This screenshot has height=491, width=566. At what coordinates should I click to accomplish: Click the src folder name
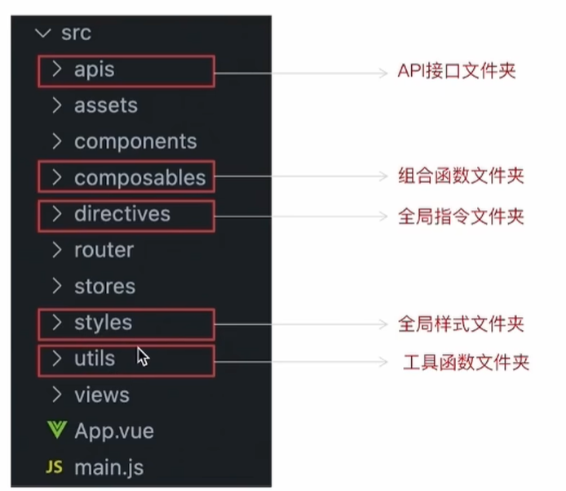tap(76, 33)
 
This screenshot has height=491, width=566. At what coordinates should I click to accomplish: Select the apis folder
tap(95, 69)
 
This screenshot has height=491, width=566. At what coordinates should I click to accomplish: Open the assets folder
tap(106, 105)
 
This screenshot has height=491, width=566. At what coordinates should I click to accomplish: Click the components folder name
tap(135, 141)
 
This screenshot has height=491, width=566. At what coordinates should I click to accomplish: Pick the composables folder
tap(139, 178)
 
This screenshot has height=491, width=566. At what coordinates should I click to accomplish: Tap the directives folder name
tap(122, 214)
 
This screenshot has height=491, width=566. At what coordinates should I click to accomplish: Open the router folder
tap(104, 250)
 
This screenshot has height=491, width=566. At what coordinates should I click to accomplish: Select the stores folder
tap(104, 287)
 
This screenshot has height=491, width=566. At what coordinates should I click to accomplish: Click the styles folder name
tap(103, 323)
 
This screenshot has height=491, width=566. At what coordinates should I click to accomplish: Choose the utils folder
tap(95, 359)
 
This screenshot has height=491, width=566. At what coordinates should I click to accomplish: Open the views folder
tap(102, 395)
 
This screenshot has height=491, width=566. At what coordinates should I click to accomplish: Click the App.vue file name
tap(114, 431)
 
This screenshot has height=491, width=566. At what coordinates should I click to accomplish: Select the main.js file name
tap(108, 467)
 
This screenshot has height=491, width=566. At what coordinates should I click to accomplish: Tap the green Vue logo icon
tap(56, 430)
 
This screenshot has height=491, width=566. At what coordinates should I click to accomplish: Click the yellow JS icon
tap(54, 467)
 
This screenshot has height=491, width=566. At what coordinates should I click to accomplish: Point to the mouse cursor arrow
tap(143, 356)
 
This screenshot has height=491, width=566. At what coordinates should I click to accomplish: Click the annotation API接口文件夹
tap(456, 71)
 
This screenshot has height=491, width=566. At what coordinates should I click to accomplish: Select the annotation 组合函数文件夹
tap(461, 176)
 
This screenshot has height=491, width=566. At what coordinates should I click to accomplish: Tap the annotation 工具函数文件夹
tap(466, 362)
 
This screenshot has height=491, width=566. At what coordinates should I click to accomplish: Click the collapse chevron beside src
tap(43, 33)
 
